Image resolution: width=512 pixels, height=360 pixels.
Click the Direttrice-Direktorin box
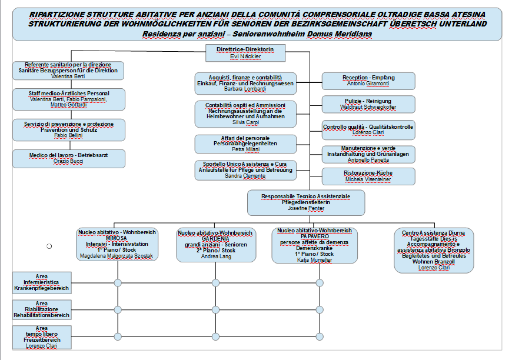pyautogui.click(x=246, y=53)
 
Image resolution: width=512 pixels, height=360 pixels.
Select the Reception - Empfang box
pyautogui.click(x=368, y=81)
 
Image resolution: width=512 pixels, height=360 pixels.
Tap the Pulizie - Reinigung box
pyautogui.click(x=368, y=104)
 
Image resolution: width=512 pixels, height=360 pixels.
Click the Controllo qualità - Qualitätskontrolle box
pyautogui.click(x=368, y=129)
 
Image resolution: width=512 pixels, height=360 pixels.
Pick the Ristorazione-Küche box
pyautogui.click(x=368, y=176)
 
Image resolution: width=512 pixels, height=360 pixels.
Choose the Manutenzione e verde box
pyautogui.click(x=368, y=154)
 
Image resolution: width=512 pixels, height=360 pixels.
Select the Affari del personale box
pyautogui.click(x=245, y=144)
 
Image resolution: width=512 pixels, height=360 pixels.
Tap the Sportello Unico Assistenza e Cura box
pyautogui.click(x=245, y=170)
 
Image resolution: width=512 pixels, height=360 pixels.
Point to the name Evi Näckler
pyautogui.click(x=246, y=56)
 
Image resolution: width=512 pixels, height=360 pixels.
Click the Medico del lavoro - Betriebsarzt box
pyautogui.click(x=68, y=158)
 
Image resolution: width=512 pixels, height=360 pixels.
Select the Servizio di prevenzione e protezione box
pyautogui.click(x=68, y=129)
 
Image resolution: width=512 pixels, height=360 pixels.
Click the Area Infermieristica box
pyautogui.click(x=42, y=282)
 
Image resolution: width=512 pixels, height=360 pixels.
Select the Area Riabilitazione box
pyautogui.click(x=42, y=309)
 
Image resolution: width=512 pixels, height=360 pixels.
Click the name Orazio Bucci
pyautogui.click(x=68, y=161)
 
